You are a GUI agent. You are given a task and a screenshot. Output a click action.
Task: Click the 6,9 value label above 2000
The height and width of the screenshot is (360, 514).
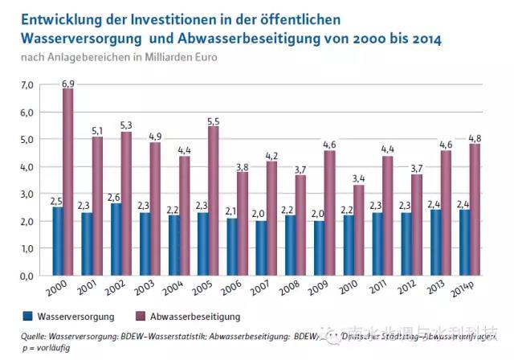pyautogui.click(x=68, y=84)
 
